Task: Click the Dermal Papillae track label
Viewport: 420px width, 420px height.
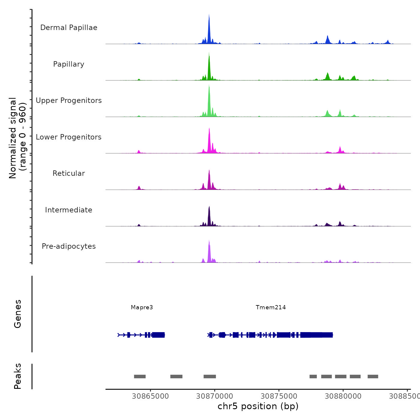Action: (x=69, y=28)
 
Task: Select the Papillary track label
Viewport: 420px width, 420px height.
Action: (x=69, y=64)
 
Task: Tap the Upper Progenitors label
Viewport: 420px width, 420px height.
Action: (x=69, y=100)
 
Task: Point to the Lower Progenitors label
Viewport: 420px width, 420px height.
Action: (x=69, y=137)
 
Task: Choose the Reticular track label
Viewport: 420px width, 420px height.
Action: (x=69, y=173)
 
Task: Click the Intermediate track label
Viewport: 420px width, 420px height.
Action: (x=69, y=210)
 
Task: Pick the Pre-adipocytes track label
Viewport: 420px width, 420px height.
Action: (x=69, y=246)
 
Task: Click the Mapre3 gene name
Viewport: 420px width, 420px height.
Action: (x=142, y=307)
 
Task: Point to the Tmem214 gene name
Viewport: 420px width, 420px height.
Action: (x=271, y=307)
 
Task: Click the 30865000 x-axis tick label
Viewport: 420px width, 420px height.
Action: (x=150, y=396)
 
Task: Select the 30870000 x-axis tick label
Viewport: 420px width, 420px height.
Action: (x=215, y=396)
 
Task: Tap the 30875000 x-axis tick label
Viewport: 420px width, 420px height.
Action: (x=279, y=396)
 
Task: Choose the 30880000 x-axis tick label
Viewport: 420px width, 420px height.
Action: (x=343, y=396)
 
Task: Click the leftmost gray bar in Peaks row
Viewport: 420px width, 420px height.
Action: (x=140, y=376)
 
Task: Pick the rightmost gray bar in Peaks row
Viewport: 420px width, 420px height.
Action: (x=373, y=376)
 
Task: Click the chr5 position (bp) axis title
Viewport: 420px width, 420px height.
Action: (x=258, y=406)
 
